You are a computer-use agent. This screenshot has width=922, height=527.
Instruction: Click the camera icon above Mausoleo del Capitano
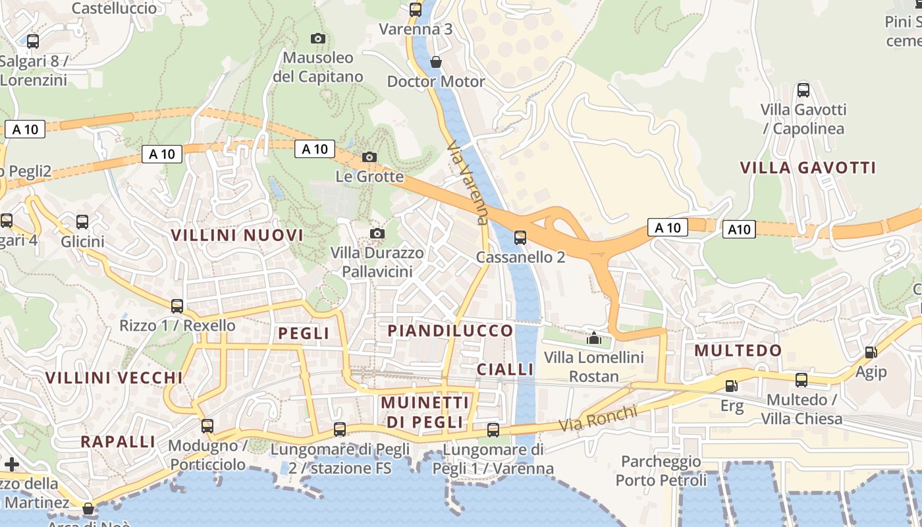[x=317, y=39]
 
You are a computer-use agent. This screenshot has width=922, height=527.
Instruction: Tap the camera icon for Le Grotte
[x=369, y=157]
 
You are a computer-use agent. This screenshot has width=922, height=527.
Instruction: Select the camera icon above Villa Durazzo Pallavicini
[x=377, y=233]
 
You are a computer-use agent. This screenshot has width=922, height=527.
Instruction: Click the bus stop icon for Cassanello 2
[x=520, y=237]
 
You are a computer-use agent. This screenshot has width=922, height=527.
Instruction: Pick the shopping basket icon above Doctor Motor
[x=435, y=62]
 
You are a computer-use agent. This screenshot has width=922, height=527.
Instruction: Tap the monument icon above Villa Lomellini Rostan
[x=594, y=338]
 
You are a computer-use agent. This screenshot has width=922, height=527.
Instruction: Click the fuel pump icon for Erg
[x=731, y=386]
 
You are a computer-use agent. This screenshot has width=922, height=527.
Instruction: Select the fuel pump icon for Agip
[x=871, y=353]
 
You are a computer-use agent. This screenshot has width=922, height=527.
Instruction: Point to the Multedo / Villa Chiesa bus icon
[x=801, y=380]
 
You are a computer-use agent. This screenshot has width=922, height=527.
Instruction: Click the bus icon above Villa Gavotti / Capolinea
[x=803, y=90]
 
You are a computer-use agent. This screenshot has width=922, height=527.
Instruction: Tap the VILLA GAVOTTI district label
[x=808, y=167]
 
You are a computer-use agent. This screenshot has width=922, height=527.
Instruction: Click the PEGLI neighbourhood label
[x=304, y=333]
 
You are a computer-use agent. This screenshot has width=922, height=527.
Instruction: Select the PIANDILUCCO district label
[x=450, y=330]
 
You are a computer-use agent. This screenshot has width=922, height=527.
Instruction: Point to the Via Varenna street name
[x=468, y=182]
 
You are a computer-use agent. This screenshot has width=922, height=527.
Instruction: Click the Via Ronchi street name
[x=599, y=418]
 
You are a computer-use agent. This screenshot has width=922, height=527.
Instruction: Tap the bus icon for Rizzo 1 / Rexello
[x=177, y=306]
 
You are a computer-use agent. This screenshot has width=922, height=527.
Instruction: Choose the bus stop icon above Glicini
[x=82, y=222]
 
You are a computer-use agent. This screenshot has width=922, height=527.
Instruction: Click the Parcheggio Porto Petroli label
[x=661, y=470]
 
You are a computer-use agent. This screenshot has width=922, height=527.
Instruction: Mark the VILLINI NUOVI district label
[x=237, y=235]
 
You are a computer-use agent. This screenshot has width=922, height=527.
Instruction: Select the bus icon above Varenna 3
[x=415, y=10]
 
